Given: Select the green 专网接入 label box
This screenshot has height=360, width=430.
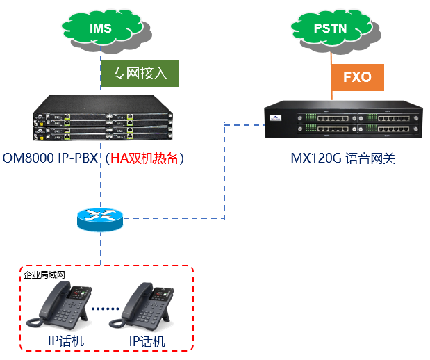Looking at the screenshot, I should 140,73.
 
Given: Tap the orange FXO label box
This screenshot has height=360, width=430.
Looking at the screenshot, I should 357,77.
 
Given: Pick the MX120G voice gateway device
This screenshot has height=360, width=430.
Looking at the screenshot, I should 343,123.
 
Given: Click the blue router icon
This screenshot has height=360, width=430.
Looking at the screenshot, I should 100,220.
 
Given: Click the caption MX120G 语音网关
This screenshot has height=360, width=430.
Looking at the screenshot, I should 342,159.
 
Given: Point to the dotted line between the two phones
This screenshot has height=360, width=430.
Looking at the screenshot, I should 106,308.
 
